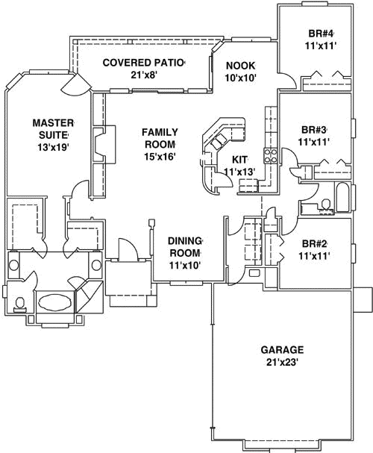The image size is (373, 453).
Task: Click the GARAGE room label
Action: (282, 350)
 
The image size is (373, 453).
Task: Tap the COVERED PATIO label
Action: (143, 63)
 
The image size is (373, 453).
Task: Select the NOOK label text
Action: (241, 66)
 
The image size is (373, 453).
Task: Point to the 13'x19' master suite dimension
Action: (53, 147)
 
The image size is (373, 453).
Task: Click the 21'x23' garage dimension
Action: (282, 362)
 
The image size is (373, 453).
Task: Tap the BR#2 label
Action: (314, 243)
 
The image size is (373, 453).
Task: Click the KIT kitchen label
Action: (240, 160)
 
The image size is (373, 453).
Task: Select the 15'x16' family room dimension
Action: (160, 156)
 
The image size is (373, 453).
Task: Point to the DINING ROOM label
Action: (185, 247)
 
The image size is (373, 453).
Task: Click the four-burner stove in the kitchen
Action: (271, 156)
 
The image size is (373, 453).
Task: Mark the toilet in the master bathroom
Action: (20, 304)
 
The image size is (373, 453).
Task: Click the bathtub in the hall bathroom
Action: (342, 197)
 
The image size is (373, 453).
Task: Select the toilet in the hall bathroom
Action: (326, 204)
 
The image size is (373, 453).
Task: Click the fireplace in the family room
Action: (104, 145)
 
